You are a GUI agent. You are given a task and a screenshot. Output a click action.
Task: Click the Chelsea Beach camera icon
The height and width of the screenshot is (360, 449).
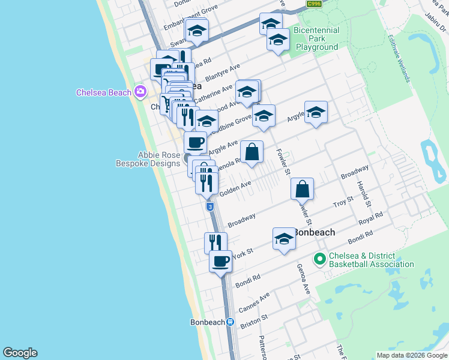140,92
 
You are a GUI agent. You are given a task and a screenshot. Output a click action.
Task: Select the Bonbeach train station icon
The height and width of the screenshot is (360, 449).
230,322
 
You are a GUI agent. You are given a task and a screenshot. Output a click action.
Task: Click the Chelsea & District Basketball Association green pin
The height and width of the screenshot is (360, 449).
320,259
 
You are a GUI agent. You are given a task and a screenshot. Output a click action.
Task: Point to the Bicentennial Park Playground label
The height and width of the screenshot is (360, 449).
316,38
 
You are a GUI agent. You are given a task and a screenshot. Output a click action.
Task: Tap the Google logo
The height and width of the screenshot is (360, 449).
20,353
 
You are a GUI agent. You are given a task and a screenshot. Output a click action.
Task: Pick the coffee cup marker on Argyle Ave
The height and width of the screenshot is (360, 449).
195,143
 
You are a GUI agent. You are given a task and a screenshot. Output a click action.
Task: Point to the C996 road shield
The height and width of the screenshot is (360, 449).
313,4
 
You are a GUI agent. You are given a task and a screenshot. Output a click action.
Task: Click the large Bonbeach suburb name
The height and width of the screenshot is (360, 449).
313,232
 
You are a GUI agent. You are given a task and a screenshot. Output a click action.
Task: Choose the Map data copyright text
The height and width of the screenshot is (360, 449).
411,355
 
